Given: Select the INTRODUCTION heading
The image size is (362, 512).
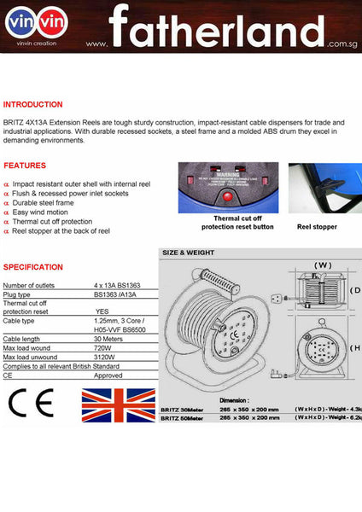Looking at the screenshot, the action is [33, 104].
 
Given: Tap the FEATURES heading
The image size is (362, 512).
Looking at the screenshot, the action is [25, 165].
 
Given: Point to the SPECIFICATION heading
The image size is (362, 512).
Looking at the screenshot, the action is [33, 267].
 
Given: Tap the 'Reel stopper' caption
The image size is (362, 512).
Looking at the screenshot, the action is [317, 227].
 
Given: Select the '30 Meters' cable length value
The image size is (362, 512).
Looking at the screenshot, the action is [110, 338].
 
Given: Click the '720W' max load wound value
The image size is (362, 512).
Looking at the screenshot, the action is [103, 350].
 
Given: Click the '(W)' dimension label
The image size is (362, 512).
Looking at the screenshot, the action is [323, 265].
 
